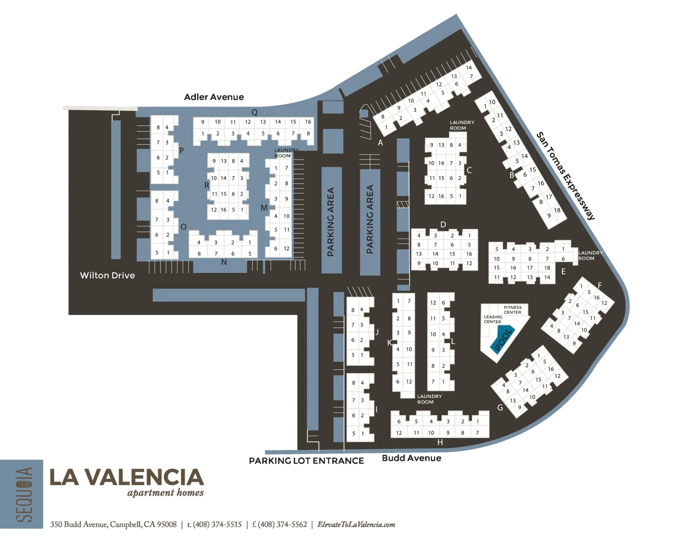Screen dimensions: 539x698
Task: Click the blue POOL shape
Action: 502,340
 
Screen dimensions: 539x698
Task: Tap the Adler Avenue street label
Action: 214,97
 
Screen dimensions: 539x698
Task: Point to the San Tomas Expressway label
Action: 566,176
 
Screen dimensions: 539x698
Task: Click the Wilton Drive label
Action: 107,275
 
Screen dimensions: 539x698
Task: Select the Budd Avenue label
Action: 411,458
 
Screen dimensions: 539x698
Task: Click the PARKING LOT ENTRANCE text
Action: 306,461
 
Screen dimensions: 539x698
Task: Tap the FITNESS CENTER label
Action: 512,310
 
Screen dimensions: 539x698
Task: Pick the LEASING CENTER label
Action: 493,319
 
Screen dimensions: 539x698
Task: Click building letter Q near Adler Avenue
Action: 254,112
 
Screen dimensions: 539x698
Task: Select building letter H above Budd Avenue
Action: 440,442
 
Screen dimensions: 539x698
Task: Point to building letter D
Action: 443,224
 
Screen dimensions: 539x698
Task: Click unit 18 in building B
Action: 557,210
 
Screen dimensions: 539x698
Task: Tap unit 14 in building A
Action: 469,68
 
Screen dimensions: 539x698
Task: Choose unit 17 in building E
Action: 530,268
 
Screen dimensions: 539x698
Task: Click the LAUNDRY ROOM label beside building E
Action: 590,255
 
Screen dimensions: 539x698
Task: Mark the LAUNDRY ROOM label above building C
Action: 462,125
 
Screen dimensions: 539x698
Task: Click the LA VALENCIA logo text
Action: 127,477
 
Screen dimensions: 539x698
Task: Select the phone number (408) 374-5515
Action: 217,524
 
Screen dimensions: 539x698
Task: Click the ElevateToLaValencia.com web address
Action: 356,524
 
